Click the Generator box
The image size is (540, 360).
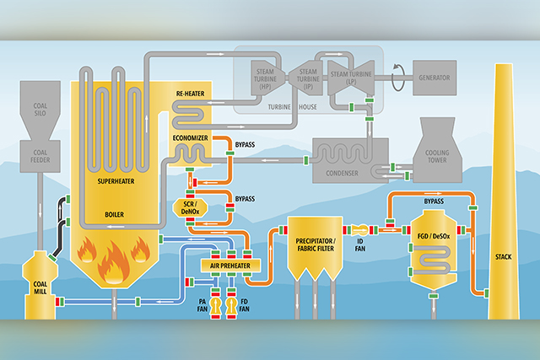point(435,78)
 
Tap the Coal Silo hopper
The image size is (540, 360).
point(40,110)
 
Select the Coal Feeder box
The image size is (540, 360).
point(40,156)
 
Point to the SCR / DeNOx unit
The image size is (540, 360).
point(190,208)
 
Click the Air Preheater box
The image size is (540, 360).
point(230,266)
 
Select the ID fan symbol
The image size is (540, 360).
point(360,230)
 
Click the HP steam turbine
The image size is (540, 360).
point(267,78)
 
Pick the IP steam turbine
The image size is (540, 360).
point(306,78)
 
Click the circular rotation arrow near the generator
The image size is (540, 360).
point(398,78)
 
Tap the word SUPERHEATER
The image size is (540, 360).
point(116,181)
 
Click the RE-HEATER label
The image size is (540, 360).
point(190,94)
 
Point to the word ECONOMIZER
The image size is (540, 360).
point(190,138)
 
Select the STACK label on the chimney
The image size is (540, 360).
point(504,257)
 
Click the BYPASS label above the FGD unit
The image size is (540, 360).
point(434,201)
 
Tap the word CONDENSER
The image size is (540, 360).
point(342,173)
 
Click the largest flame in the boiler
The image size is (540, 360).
point(113,261)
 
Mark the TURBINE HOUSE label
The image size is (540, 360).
point(293,107)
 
